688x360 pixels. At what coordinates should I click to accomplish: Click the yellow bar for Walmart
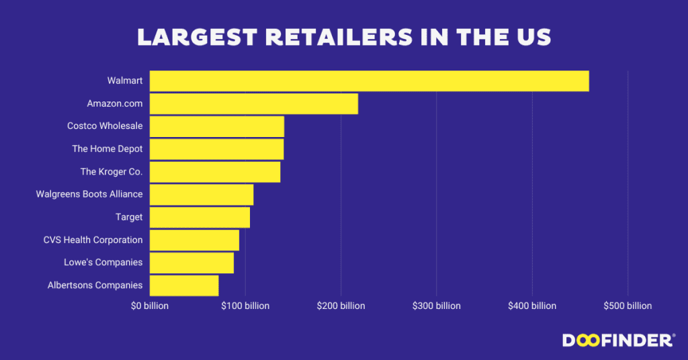(x=369, y=81)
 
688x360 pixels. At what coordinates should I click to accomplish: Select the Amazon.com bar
(x=253, y=103)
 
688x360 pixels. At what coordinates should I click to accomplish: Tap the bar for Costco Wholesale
(x=216, y=126)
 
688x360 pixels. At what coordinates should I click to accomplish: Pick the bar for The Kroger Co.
(x=214, y=172)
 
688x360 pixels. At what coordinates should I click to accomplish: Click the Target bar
(x=200, y=217)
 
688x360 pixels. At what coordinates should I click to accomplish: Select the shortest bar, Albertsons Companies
(x=183, y=285)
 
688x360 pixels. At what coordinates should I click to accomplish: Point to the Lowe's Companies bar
(x=191, y=263)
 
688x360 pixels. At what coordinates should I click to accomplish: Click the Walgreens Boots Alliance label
(x=89, y=194)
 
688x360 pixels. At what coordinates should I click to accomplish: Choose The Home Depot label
(x=107, y=148)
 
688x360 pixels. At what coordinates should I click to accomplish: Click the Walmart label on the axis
(x=125, y=81)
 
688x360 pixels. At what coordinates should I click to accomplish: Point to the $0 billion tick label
(x=149, y=306)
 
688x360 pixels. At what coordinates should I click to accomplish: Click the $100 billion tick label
(x=245, y=306)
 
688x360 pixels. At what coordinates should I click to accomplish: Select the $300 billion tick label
(x=437, y=306)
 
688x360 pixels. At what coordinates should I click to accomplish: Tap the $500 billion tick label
(x=628, y=306)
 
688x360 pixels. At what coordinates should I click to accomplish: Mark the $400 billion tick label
(x=532, y=306)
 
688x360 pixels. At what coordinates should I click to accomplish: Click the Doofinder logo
(x=617, y=341)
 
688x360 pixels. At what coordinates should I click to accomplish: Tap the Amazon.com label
(x=115, y=103)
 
